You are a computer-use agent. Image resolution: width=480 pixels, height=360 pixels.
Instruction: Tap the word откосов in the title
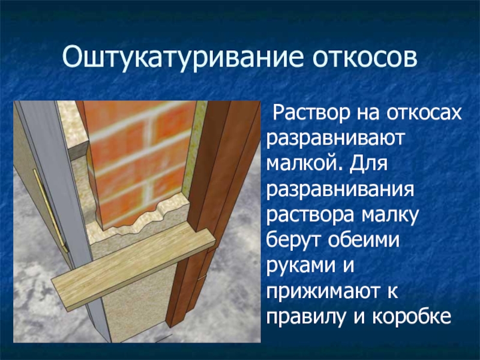pos(365,57)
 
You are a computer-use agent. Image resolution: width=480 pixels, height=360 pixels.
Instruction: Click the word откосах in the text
pos(424,113)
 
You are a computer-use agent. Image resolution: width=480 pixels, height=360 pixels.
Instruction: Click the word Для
pos(369,163)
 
